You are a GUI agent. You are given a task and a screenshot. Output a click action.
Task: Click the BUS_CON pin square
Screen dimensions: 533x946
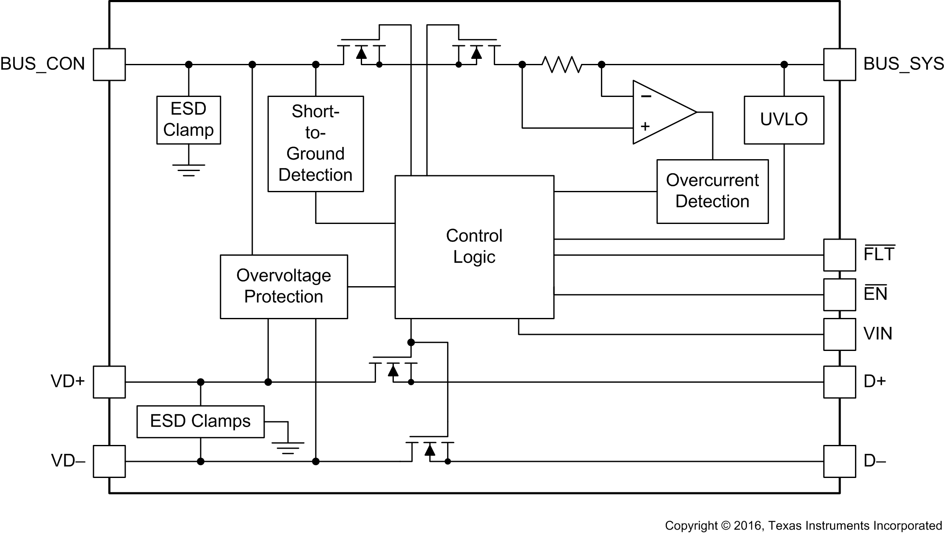(109, 64)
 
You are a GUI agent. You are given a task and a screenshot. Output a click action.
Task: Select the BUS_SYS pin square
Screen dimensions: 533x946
(839, 64)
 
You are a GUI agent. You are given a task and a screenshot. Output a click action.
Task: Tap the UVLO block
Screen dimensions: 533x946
(784, 120)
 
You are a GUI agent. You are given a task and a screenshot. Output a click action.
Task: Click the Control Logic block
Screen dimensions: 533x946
(474, 247)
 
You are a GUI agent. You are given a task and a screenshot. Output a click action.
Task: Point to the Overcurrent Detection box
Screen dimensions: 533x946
(712, 191)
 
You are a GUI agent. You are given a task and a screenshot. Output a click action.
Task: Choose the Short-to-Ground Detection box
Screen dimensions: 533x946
(315, 144)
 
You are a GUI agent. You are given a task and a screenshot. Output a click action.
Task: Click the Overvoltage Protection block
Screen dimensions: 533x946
(284, 287)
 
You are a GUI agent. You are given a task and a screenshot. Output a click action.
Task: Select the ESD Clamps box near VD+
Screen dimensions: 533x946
(200, 422)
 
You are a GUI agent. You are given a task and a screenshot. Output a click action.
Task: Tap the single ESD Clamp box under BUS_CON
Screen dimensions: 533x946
(188, 120)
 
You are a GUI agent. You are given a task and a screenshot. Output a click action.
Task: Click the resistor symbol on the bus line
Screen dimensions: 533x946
(562, 64)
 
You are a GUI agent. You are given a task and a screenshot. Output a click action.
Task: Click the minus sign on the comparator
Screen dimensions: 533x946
(646, 97)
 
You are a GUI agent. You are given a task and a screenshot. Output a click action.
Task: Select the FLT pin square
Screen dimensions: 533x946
(839, 255)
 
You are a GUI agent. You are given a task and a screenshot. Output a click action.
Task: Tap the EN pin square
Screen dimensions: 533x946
(839, 294)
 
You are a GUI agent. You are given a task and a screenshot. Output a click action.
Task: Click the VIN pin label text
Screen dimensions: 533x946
(877, 334)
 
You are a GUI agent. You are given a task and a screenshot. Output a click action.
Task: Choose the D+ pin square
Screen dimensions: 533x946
(839, 382)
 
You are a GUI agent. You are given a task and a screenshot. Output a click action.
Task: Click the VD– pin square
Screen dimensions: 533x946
(109, 461)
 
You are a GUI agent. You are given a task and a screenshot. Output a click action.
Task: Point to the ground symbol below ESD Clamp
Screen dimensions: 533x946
(188, 170)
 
